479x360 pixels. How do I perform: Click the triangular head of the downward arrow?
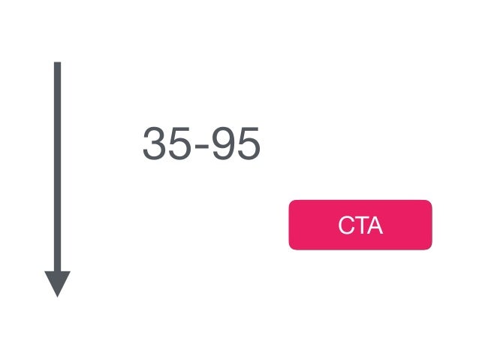pyautogui.click(x=57, y=281)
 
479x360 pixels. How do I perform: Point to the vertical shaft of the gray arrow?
pyautogui.click(x=57, y=165)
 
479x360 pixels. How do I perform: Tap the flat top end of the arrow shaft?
pyautogui.click(x=57, y=64)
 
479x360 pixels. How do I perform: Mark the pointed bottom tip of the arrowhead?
pyautogui.click(x=57, y=295)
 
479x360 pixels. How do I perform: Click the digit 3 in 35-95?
pyautogui.click(x=155, y=144)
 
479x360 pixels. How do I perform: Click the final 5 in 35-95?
pyautogui.click(x=248, y=144)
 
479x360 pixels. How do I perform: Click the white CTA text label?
pyautogui.click(x=360, y=225)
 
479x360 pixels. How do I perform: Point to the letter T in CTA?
pyautogui.click(x=360, y=225)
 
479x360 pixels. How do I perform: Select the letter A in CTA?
pyautogui.click(x=375, y=225)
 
